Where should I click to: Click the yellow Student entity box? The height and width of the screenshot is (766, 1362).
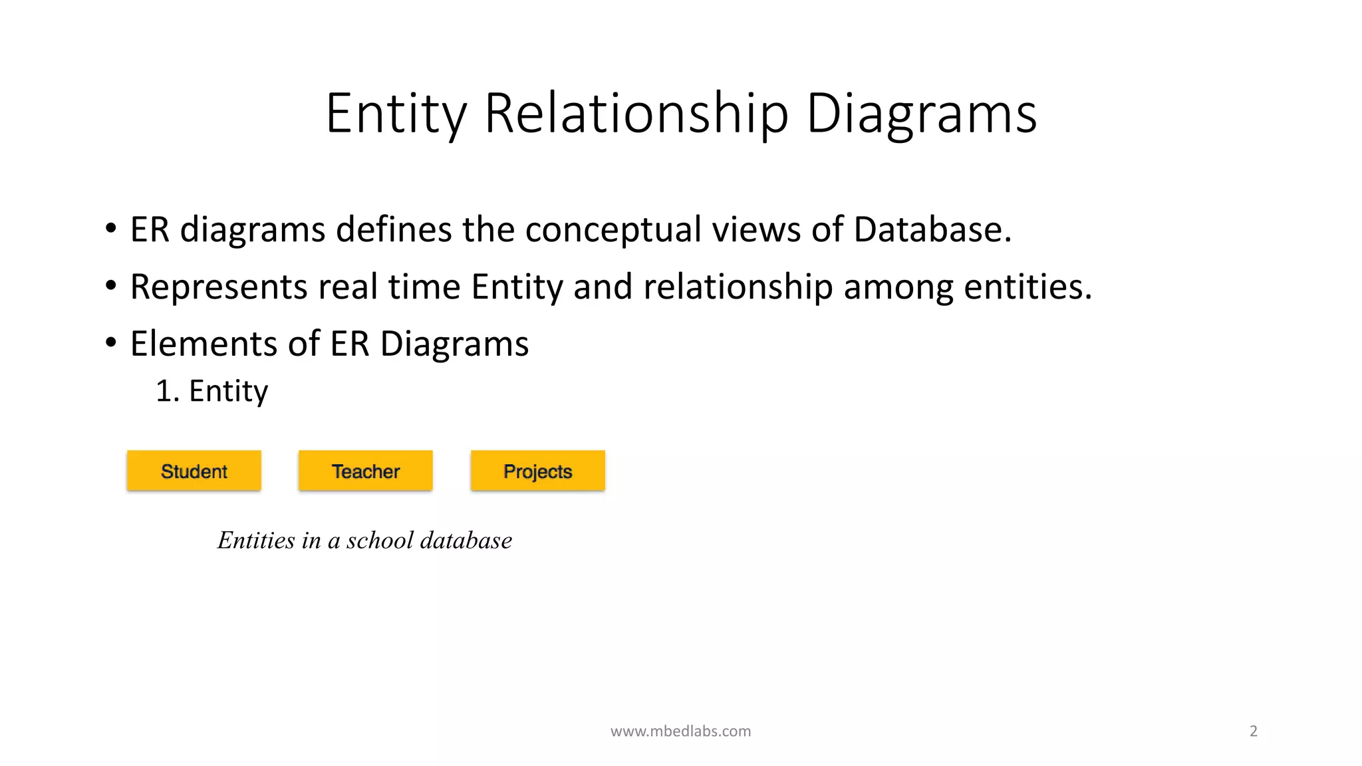click(194, 471)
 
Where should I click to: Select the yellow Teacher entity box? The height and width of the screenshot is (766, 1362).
click(365, 471)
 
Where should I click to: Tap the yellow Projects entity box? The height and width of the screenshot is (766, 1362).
click(537, 471)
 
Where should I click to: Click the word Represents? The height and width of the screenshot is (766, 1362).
click(219, 287)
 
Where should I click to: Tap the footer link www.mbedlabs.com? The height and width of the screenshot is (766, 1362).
click(680, 731)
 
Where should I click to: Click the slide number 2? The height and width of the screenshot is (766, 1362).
click(1253, 731)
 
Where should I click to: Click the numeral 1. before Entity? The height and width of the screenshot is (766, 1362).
click(167, 391)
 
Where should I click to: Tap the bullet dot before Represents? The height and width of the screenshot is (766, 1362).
click(111, 287)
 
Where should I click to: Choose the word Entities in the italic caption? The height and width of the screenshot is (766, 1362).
click(256, 540)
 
